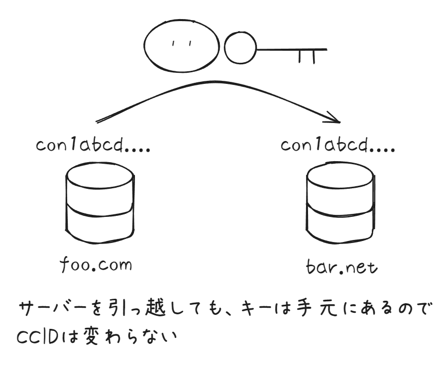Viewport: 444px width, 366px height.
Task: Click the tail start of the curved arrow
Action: click(98, 120)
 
